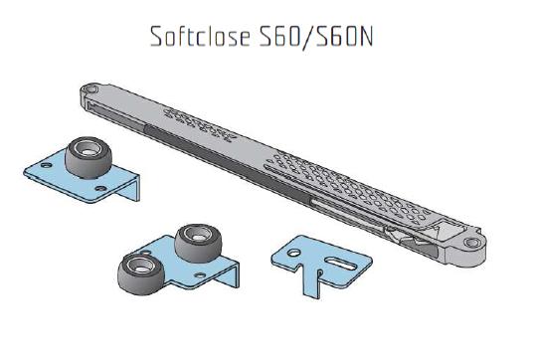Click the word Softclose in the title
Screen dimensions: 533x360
click(201, 37)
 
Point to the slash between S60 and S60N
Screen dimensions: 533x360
click(308, 38)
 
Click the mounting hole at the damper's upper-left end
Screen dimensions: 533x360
click(91, 90)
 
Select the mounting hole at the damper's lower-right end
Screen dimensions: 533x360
click(472, 243)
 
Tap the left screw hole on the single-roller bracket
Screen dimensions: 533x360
click(46, 165)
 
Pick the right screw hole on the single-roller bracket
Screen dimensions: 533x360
click(100, 188)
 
